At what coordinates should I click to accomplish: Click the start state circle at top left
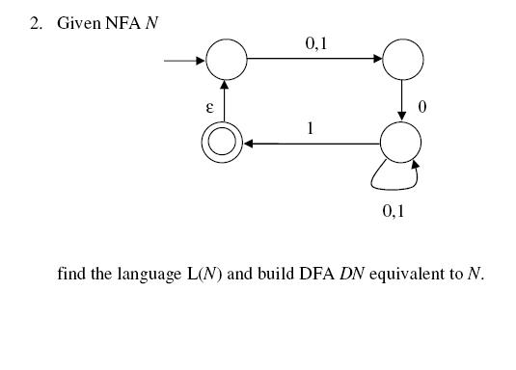[227, 60]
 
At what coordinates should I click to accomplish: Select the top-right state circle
[402, 60]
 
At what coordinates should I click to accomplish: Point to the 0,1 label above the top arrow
[315, 41]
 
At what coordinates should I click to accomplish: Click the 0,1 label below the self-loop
[394, 209]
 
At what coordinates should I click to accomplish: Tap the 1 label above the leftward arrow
[310, 127]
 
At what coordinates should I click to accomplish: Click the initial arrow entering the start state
[184, 61]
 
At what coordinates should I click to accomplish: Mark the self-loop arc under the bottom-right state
[394, 180]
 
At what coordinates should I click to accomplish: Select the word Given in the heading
[79, 22]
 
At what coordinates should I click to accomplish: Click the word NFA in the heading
[123, 22]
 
